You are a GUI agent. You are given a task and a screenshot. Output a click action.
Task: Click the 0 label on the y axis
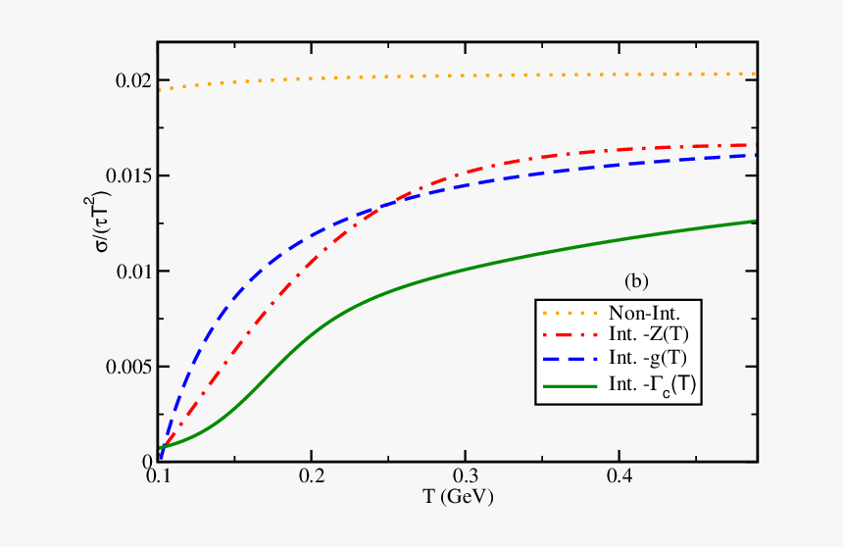(146, 462)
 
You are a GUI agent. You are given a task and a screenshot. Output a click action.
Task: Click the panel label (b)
(636, 281)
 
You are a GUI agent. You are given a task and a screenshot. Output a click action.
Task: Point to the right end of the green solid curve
(756, 221)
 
